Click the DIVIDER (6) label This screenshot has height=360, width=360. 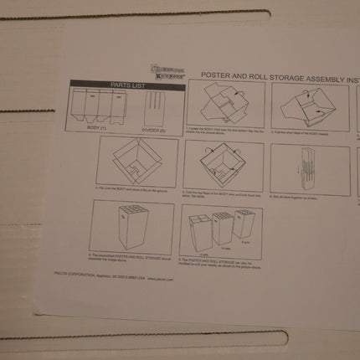point(153,129)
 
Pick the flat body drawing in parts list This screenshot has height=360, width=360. point(100,105)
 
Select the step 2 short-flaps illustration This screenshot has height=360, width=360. point(306,105)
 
